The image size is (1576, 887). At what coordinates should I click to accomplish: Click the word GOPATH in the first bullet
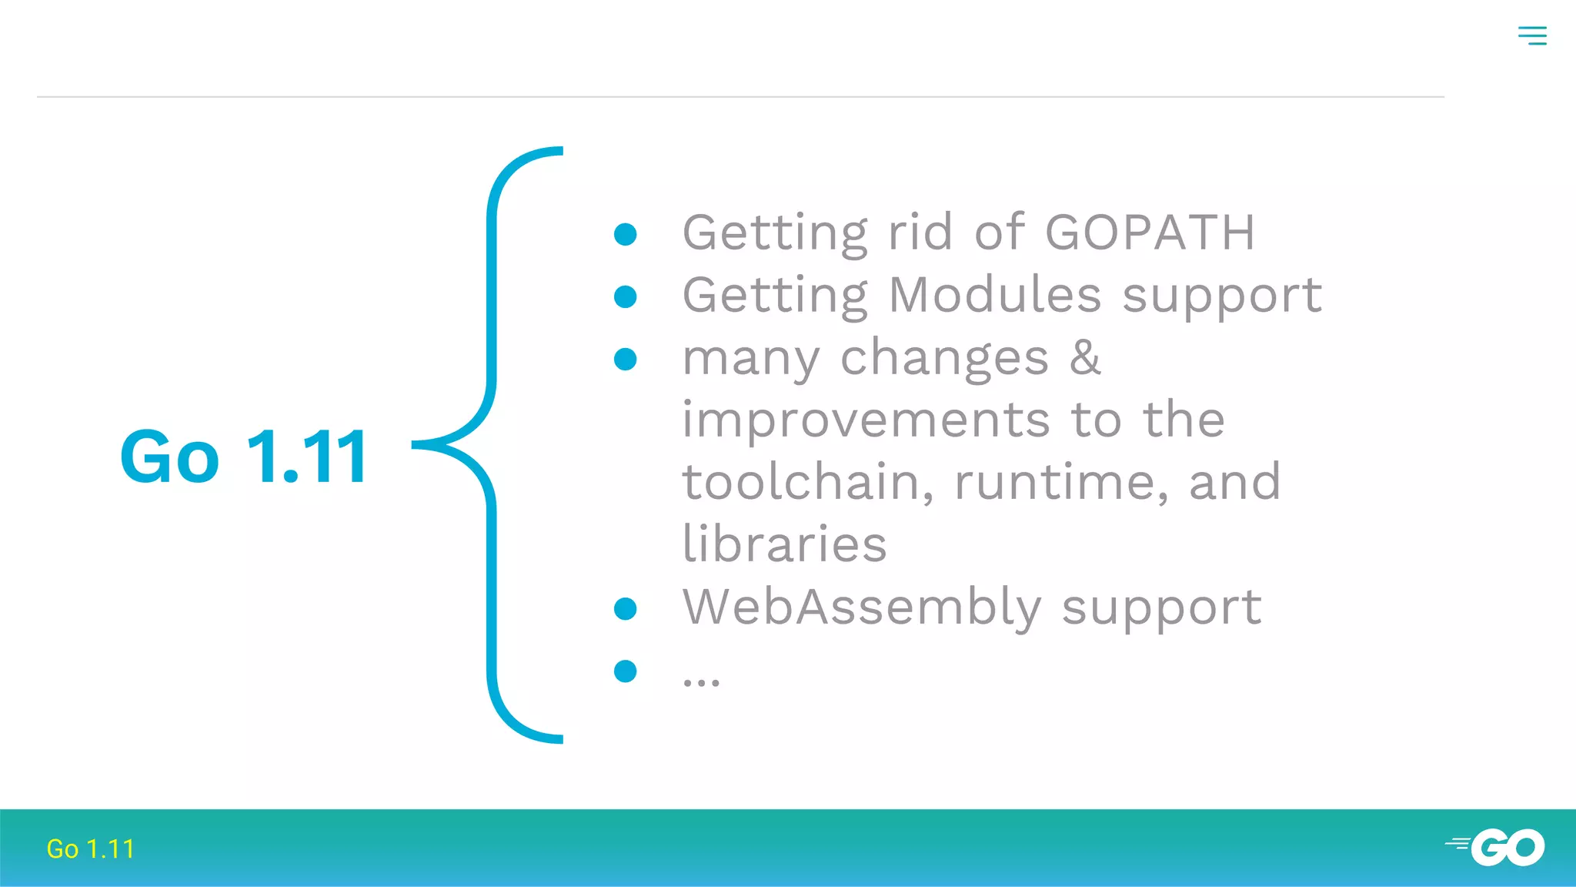coord(1150,232)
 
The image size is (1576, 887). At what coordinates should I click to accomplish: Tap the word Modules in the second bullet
coord(996,295)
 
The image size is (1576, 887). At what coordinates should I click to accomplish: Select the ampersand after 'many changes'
coord(1085,357)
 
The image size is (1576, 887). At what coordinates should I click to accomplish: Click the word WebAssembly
coord(862,607)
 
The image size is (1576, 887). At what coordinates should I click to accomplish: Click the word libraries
coord(784,544)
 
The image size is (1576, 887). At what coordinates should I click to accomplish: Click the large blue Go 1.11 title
coord(245,457)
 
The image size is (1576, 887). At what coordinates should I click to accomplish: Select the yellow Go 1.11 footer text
coord(91,849)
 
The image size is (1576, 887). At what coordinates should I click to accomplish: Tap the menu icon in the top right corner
coord(1532,35)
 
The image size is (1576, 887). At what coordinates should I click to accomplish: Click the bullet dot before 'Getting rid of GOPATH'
coord(626,234)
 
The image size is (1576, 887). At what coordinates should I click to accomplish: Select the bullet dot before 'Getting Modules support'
coord(626,296)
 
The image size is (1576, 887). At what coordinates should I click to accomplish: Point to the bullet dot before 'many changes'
coord(626,359)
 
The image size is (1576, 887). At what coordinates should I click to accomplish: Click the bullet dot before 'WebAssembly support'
coord(626,609)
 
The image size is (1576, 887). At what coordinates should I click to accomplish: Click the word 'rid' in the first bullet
coord(920,232)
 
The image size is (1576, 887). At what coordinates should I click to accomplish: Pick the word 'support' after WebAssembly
coord(1161,608)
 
